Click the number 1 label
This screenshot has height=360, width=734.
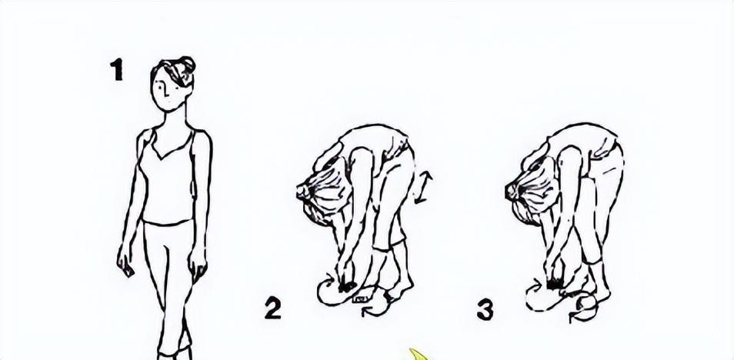click(x=116, y=69)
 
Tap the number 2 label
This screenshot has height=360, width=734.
click(x=273, y=308)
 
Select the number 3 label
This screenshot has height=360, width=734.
click(x=485, y=310)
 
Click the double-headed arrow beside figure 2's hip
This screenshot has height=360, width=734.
click(x=422, y=188)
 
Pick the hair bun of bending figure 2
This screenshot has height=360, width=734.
click(x=303, y=192)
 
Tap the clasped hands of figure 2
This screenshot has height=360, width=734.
click(x=346, y=280)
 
